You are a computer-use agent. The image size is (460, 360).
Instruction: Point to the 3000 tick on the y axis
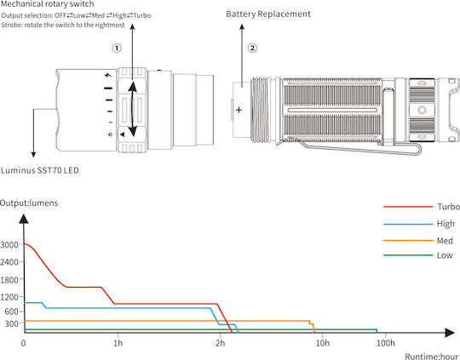(9, 244)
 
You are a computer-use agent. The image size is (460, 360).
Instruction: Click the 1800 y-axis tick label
(9, 280)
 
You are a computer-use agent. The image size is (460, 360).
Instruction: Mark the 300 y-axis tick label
(11, 323)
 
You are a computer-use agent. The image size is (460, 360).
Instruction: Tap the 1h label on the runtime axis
(118, 343)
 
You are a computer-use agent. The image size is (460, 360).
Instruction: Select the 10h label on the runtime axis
(322, 343)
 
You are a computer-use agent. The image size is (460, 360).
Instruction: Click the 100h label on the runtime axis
(386, 343)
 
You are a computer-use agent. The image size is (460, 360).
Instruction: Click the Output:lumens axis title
(29, 203)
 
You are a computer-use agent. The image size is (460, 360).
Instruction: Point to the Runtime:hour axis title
(431, 357)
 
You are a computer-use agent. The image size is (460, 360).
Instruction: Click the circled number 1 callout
(117, 48)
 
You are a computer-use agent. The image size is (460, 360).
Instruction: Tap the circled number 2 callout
(252, 48)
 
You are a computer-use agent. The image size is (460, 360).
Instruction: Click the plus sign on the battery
(239, 110)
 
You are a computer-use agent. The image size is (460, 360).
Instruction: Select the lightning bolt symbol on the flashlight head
(108, 75)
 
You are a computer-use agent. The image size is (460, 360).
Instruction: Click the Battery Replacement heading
(268, 14)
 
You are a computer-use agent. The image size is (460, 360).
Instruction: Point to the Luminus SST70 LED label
(39, 170)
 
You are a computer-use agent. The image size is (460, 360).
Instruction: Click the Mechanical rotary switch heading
(47, 4)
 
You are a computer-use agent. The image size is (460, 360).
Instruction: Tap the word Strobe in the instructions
(11, 25)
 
